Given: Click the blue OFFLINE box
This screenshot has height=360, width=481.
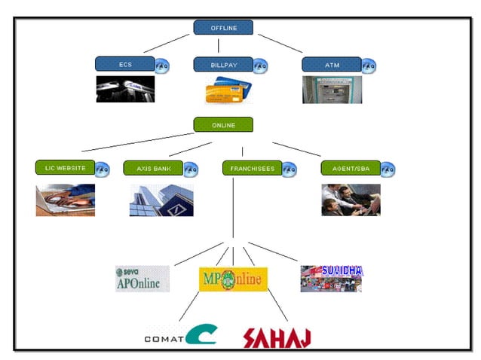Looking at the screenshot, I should [x=223, y=28].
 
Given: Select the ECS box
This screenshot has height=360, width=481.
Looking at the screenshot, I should [x=125, y=65].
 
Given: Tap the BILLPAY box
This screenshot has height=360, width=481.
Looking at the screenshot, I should [x=223, y=65].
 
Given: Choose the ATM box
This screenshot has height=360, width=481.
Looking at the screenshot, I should [x=332, y=65].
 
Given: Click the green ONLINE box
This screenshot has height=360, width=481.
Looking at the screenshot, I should [x=223, y=125].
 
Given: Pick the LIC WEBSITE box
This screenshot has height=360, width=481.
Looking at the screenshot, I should [x=65, y=167].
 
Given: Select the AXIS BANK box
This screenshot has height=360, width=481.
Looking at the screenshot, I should [x=153, y=168].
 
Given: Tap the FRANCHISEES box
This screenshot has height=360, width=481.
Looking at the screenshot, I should [x=252, y=168].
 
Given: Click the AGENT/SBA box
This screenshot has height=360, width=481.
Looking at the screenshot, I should [x=351, y=168].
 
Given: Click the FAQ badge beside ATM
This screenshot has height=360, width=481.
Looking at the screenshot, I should [x=369, y=66].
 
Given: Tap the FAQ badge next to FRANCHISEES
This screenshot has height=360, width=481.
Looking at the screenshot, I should [x=290, y=169].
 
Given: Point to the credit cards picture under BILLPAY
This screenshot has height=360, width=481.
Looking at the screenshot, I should [x=227, y=90].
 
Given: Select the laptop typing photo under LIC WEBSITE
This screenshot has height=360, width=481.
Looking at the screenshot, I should [x=66, y=200].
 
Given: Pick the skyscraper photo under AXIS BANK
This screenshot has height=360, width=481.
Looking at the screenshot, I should [x=161, y=200].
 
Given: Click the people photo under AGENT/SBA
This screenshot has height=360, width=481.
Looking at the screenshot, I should [x=351, y=200].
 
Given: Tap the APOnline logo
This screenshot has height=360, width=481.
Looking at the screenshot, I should [x=142, y=279].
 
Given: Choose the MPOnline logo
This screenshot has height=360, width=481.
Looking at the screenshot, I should [x=233, y=279].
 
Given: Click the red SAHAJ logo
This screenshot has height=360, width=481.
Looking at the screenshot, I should [x=277, y=337].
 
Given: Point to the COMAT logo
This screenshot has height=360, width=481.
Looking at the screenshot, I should [x=180, y=335].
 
